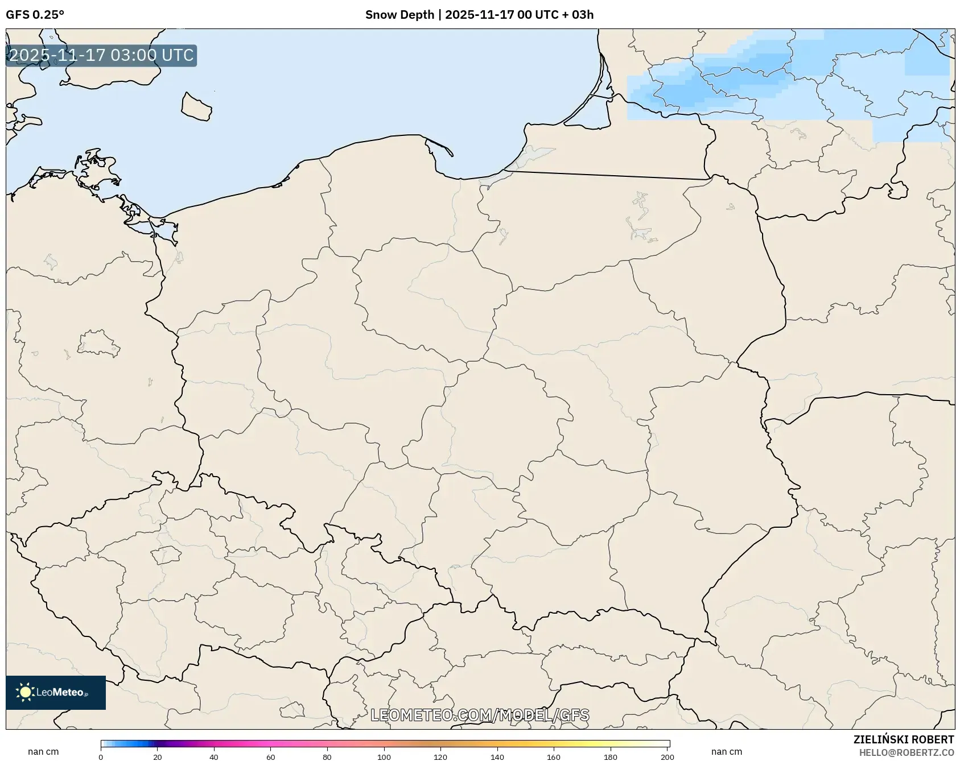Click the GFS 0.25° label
[35, 15]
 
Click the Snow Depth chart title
[479, 15]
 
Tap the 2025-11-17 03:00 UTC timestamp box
[101, 55]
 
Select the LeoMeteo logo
[56, 692]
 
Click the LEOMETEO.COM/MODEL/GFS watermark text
[480, 715]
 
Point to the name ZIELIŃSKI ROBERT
[903, 739]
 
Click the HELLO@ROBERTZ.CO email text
[906, 752]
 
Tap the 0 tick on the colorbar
[101, 757]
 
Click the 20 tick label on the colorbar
[157, 757]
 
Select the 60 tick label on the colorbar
[270, 757]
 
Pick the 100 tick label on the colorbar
[384, 757]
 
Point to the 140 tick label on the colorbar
[497, 757]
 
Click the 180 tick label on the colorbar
[610, 757]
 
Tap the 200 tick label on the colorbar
[667, 757]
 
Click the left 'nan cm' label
[43, 751]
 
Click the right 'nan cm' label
[726, 751]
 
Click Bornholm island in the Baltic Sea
[196, 106]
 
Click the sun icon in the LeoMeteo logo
[25, 692]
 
